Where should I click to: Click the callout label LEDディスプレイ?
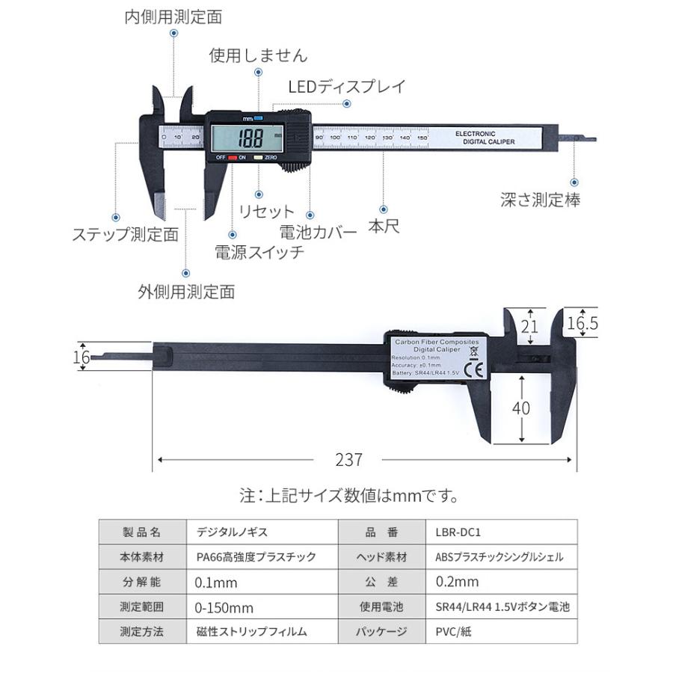(x=346, y=86)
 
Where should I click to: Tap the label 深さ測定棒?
(x=540, y=200)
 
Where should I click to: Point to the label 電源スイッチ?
(x=259, y=252)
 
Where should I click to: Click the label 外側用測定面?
(x=186, y=291)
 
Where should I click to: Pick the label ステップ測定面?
(x=125, y=234)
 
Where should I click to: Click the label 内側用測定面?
(x=173, y=16)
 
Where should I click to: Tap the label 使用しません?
(x=258, y=55)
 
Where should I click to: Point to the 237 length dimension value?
(x=348, y=459)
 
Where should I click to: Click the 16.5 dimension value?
(x=583, y=323)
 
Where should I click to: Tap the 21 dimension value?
(x=529, y=326)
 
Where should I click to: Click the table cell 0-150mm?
(x=224, y=606)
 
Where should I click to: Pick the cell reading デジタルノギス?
(x=231, y=532)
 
